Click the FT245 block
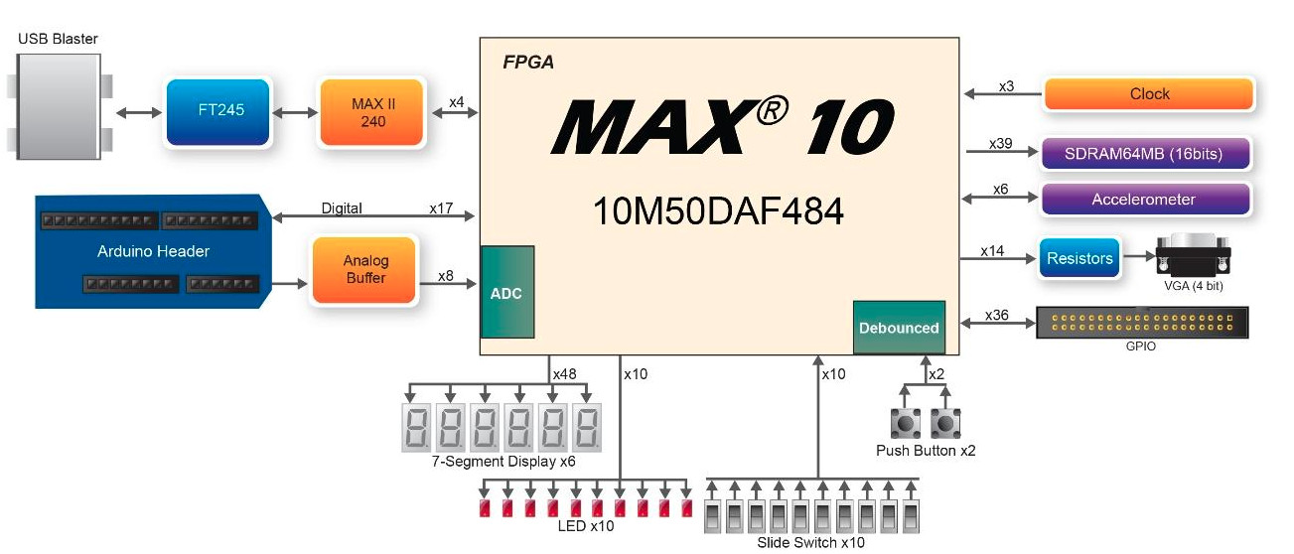click(218, 112)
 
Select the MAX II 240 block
click(371, 112)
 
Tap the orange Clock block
click(1149, 94)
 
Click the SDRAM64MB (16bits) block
click(1144, 154)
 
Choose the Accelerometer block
click(1143, 200)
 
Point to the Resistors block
click(1079, 258)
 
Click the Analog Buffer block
click(365, 269)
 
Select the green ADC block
click(506, 293)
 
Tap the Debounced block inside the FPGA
click(899, 328)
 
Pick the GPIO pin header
click(1143, 323)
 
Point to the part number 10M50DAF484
click(718, 211)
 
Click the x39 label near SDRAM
click(1000, 144)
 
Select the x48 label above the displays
click(563, 374)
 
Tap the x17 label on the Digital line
click(441, 208)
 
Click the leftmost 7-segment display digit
click(417, 426)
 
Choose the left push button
click(906, 423)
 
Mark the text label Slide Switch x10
click(810, 542)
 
